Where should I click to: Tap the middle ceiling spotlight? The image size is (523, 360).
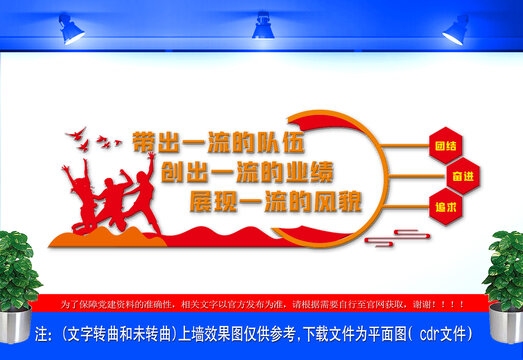tap(263, 25)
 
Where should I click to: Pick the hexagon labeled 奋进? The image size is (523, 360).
tap(461, 176)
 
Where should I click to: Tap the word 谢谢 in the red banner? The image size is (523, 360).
tap(442, 302)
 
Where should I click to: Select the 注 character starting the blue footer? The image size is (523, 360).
tap(43, 331)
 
